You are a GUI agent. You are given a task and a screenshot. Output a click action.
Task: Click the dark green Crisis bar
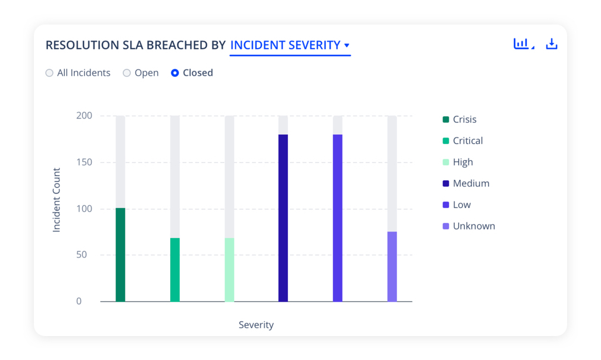tap(120, 255)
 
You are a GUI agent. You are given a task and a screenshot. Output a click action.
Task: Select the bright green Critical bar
tap(175, 270)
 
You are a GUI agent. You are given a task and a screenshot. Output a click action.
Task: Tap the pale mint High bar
tap(229, 270)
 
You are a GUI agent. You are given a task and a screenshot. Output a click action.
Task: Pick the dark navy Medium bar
tap(283, 218)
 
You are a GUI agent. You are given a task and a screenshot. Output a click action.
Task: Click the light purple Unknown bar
tap(392, 267)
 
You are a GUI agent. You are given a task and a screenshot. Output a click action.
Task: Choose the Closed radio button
tap(175, 73)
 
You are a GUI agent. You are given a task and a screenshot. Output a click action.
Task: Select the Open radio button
tap(127, 73)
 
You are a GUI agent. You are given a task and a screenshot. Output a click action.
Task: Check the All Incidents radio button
tap(49, 73)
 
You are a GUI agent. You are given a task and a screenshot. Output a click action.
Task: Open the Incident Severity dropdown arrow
tap(347, 46)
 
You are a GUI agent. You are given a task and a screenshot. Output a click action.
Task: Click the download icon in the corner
tap(552, 44)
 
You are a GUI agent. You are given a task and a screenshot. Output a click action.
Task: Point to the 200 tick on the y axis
tap(84, 116)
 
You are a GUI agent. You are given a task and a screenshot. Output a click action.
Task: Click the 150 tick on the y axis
tap(84, 162)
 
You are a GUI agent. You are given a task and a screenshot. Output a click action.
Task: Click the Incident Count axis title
tap(56, 200)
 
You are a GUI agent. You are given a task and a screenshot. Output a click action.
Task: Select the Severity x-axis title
tap(256, 325)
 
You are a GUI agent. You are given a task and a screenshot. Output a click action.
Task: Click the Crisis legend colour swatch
tap(446, 120)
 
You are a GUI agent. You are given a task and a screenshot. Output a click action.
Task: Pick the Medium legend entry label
tap(471, 184)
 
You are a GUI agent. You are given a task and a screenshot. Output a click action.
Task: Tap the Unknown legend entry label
tap(474, 226)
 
